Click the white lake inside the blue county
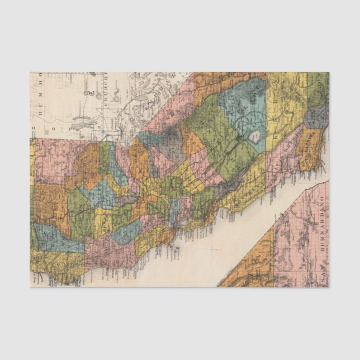pos(255,136)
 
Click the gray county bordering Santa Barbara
pos(316,117)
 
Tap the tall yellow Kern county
pos(285,106)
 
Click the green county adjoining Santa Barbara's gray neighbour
pos(318,89)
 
